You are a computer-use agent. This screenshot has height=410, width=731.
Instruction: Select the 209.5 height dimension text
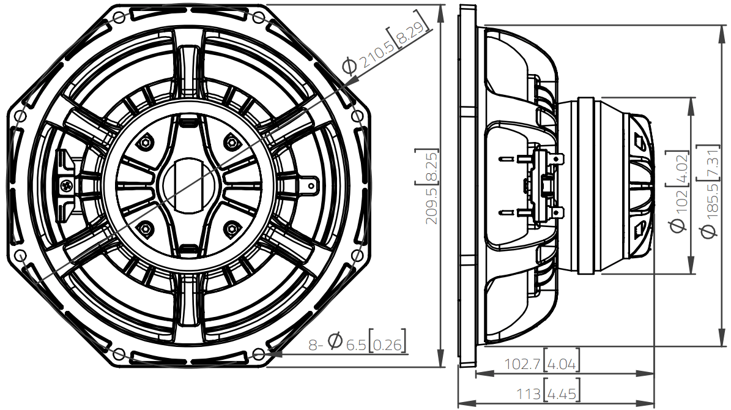click(432, 206)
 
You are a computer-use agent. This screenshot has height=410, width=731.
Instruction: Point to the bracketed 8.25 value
click(432, 166)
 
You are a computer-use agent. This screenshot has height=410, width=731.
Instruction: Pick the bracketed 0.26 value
click(387, 345)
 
